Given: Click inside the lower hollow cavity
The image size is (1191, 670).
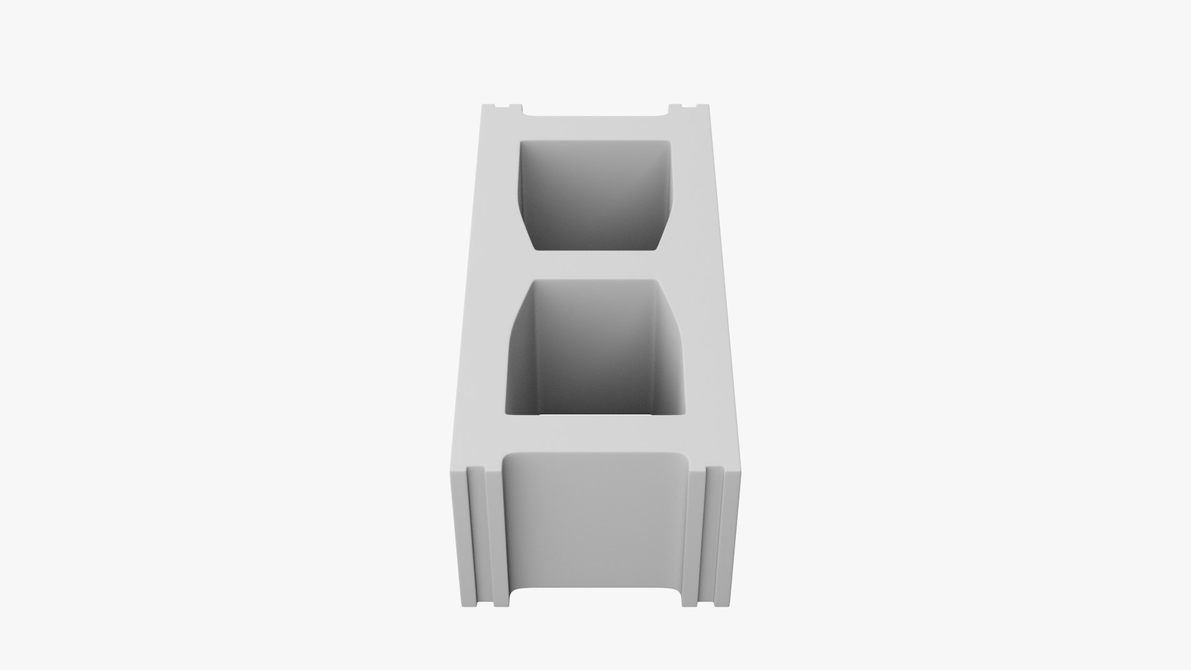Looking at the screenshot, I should [x=595, y=351].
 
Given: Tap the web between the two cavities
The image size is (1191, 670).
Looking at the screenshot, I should [x=595, y=266].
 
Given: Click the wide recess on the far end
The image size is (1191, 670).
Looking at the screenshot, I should [x=595, y=113].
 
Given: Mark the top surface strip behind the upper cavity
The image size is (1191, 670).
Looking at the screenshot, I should [x=595, y=127].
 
